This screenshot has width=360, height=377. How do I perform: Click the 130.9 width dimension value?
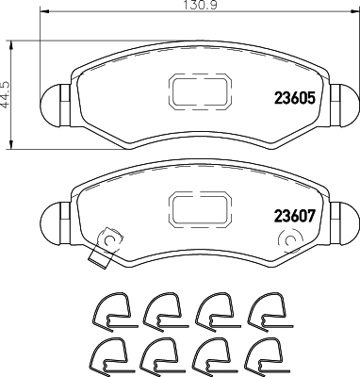tap(201, 5)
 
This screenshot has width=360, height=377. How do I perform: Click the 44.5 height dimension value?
tap(6, 94)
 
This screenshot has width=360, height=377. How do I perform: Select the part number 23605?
tap(294, 98)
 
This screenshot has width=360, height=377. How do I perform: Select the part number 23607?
tap(294, 216)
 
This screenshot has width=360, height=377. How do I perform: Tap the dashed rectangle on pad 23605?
tap(201, 92)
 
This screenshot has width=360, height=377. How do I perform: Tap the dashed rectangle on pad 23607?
tap(201, 209)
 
